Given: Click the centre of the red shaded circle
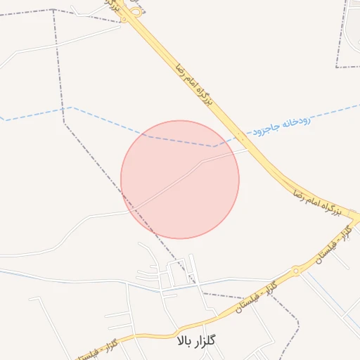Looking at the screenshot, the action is click(x=180, y=179).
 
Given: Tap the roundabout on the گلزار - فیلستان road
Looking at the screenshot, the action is click(x=296, y=271).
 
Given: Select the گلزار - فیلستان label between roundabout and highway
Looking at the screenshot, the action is click(x=331, y=246).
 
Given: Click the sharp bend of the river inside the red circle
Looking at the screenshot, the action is click(x=214, y=146).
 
